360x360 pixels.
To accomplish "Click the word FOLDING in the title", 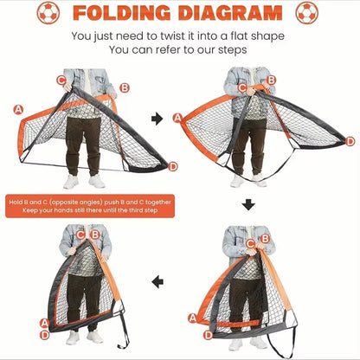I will tap(116, 14).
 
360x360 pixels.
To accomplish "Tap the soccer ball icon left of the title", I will tap(49, 14).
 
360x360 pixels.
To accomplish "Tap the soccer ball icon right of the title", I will tap(307, 14).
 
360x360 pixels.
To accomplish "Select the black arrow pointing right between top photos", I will tap(157, 118).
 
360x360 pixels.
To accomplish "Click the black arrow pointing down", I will tap(248, 205).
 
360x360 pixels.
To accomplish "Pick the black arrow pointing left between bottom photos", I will tap(157, 281).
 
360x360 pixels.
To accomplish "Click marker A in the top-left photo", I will tap(18, 109).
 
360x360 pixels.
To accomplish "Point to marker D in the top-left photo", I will tap(173, 165).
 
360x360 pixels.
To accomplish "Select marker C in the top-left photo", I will tap(61, 80).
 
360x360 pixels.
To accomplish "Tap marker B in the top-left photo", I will tap(125, 87).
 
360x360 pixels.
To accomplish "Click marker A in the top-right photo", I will tap(177, 118).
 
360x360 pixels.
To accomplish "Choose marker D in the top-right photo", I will tap(350, 140).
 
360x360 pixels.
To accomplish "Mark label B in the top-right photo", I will tap(271, 80).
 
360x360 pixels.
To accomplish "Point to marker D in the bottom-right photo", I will tap(207, 335).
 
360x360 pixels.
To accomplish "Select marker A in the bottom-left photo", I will tap(43, 323).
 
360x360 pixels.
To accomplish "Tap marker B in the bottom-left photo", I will tap(94, 234).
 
